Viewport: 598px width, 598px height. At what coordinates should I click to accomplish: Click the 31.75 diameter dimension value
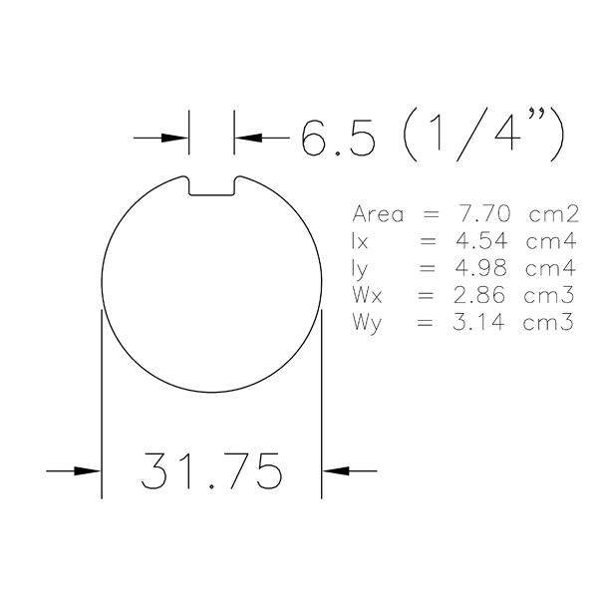[x=211, y=471]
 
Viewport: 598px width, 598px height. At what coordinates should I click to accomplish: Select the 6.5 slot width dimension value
[x=338, y=138]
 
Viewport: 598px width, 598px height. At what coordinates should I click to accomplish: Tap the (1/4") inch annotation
[x=483, y=135]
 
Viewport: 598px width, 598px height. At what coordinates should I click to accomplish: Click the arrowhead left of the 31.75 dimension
[x=88, y=471]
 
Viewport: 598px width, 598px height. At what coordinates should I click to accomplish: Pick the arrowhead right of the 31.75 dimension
[x=336, y=471]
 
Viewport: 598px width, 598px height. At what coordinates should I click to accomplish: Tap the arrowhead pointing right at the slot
[x=174, y=138]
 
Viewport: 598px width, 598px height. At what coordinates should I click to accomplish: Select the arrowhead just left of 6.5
[x=248, y=138]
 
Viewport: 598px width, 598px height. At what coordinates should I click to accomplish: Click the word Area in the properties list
[x=378, y=214]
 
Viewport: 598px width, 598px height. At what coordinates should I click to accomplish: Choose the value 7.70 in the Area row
[x=483, y=213]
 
